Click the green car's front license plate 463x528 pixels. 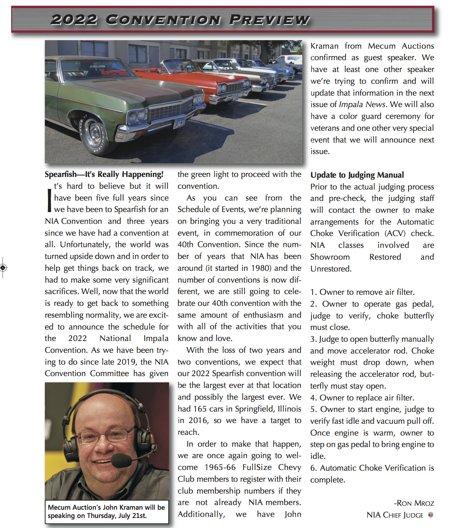click(x=179, y=123)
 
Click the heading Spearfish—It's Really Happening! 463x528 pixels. click(x=104, y=174)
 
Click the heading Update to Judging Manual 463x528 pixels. click(x=357, y=175)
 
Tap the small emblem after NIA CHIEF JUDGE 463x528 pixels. click(x=431, y=515)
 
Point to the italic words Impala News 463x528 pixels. click(x=362, y=105)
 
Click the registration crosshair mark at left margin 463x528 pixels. click(x=3, y=267)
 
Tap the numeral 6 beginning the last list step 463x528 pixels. click(x=313, y=468)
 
